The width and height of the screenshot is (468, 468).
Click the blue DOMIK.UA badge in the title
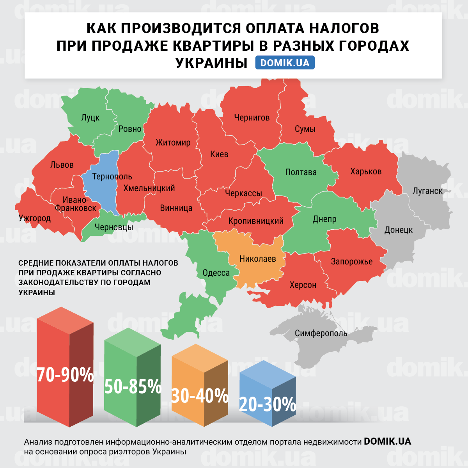point(285,63)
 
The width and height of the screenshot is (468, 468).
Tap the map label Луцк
point(90,117)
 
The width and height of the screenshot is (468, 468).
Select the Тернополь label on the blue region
point(112,177)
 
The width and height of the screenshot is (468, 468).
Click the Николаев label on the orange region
point(257,259)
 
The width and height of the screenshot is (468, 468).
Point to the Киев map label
point(219,154)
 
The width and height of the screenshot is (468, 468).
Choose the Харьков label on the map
point(365,172)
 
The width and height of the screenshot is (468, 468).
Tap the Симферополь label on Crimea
point(321,333)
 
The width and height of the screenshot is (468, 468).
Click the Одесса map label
point(216,273)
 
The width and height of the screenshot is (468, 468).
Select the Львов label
point(62,165)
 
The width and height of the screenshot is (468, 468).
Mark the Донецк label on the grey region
point(398,230)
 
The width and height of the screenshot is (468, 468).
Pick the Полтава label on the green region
point(301,172)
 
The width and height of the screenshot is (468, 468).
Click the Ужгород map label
point(35,218)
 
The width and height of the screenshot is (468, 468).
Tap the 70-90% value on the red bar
point(65,375)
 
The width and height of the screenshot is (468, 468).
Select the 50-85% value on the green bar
point(133,386)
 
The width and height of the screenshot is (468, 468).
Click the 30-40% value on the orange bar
point(200,396)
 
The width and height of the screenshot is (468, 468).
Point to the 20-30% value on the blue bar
point(267,404)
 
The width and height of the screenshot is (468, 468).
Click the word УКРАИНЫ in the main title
point(211,63)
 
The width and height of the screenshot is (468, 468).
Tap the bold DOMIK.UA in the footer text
point(387,441)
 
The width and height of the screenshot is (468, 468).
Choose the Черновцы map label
point(114,227)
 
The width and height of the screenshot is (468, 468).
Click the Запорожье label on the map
point(351,262)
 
